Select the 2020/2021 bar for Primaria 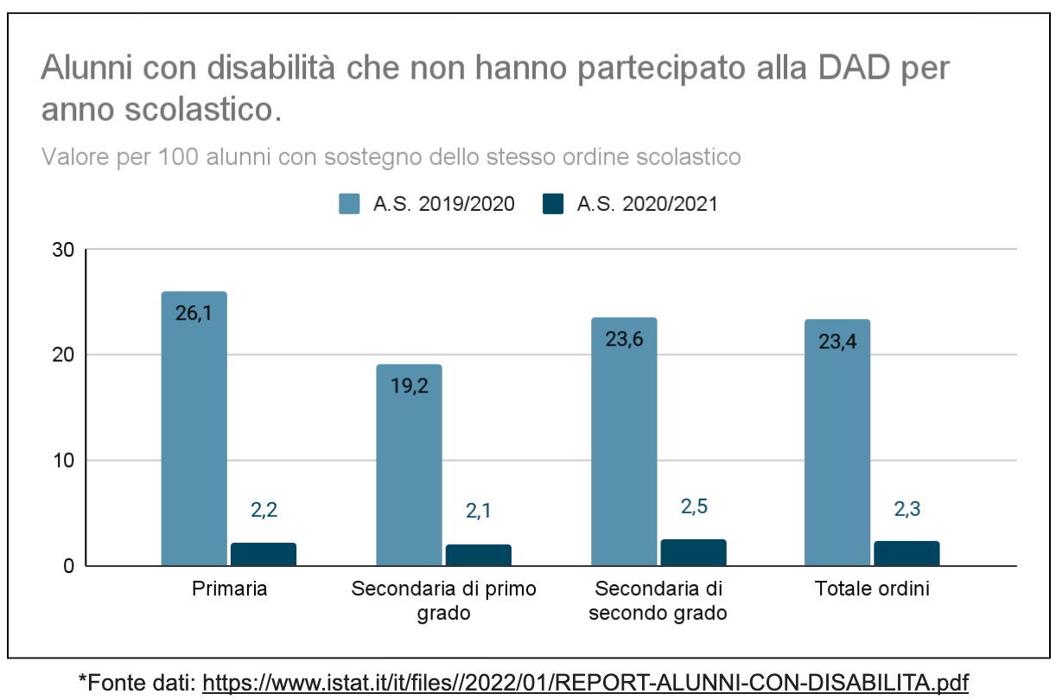(264, 554)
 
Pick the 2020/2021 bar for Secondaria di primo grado (479, 555)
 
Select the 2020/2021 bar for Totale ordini (907, 553)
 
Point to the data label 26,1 (194, 314)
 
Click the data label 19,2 (409, 385)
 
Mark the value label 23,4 (837, 340)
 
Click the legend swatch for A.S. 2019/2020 (349, 204)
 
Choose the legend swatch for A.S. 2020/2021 (553, 204)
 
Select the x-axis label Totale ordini (872, 589)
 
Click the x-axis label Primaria (229, 589)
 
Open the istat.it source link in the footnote (585, 682)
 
